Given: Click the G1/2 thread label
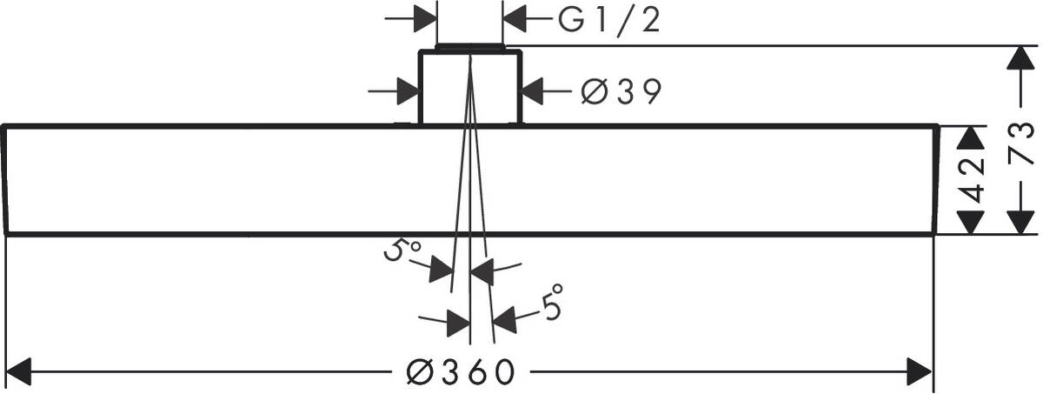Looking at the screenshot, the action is point(609,21).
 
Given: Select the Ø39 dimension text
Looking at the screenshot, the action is point(621,91).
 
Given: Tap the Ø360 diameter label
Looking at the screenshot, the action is point(461,372).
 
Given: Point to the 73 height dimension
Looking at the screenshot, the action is point(1021,143).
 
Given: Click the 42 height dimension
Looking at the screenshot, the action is point(972,180).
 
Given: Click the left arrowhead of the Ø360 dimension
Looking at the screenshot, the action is point(17,371).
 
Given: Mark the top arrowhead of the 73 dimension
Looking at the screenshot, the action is point(1020,58).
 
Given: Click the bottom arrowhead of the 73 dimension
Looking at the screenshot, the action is point(1020,222).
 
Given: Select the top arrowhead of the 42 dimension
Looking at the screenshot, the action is point(970,137).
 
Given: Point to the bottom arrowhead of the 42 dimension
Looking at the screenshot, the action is point(970,222).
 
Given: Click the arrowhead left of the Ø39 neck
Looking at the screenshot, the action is point(408,91).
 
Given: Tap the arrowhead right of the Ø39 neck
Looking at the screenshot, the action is point(533,91).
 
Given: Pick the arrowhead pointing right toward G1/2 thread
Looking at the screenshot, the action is point(425,19).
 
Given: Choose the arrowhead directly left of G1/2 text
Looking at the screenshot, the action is point(515,19).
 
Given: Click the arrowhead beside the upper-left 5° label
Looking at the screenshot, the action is point(441,269).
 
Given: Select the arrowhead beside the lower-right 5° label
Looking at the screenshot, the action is point(504,319).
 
